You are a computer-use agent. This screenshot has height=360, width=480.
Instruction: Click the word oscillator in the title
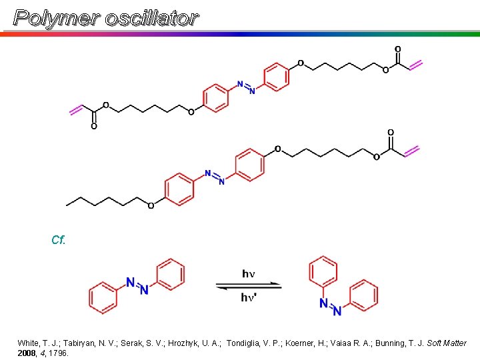click(x=152, y=18)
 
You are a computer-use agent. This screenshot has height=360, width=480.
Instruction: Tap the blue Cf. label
click(x=58, y=240)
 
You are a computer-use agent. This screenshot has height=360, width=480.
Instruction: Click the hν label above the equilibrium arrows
click(x=249, y=274)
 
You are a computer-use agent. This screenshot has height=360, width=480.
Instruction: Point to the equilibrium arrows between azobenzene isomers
click(x=249, y=286)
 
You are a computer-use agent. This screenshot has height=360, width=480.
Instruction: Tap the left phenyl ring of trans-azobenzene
click(x=103, y=297)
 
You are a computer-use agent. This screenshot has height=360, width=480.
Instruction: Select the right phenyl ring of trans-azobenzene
click(x=169, y=275)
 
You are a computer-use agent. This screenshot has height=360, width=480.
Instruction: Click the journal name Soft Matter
click(x=446, y=343)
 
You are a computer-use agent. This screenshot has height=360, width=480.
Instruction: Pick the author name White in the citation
click(x=29, y=343)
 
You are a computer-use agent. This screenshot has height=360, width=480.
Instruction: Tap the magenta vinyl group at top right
click(x=415, y=65)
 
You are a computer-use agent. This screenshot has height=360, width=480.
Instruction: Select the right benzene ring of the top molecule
click(x=277, y=77)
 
